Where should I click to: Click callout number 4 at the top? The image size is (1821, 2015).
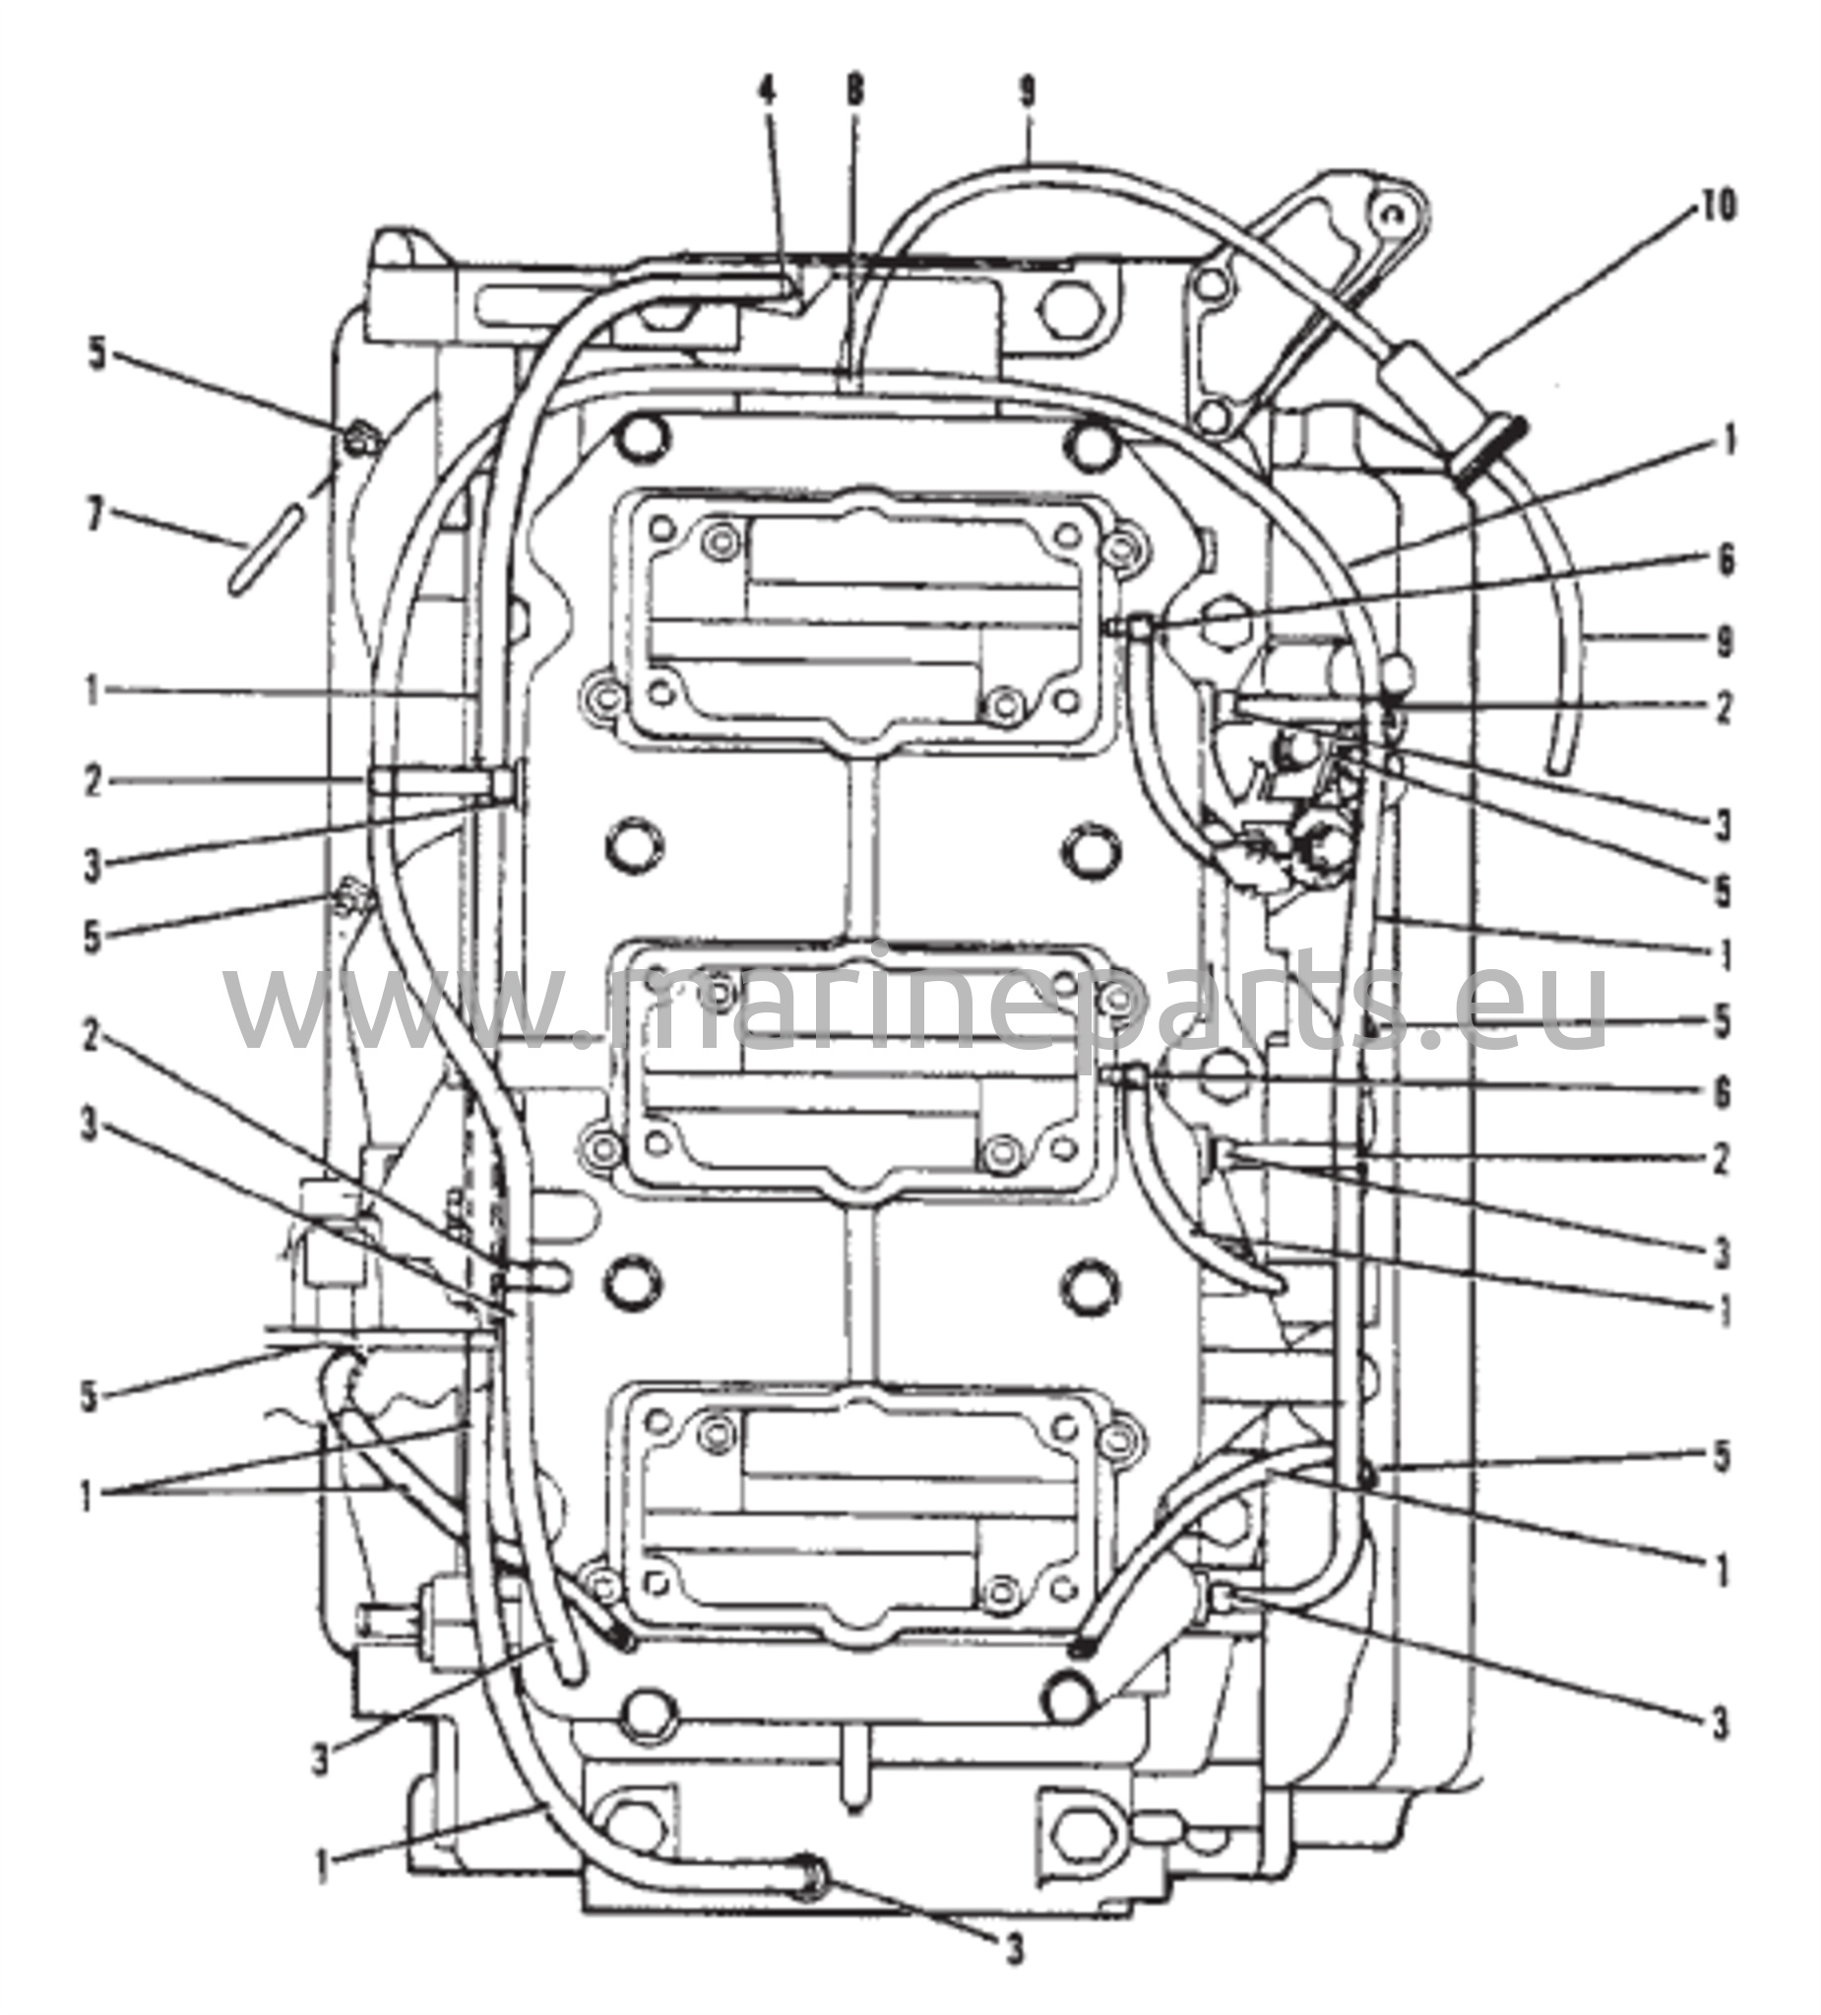point(766,92)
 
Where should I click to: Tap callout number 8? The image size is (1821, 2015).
point(854,92)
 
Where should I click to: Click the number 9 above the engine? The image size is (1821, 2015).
point(1027,92)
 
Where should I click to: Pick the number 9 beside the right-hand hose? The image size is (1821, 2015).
point(1724,641)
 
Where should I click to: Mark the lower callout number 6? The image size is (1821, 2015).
point(1723,1091)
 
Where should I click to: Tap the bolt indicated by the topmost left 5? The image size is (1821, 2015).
point(358,438)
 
